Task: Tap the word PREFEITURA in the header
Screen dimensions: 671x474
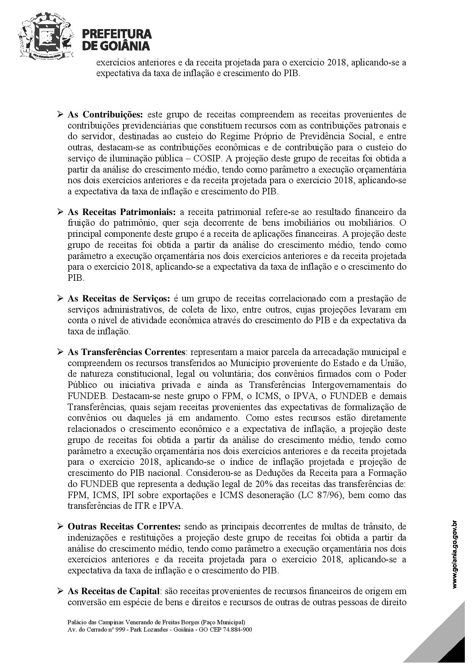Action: pyautogui.click(x=117, y=34)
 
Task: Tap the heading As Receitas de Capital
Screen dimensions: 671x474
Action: pyautogui.click(x=114, y=591)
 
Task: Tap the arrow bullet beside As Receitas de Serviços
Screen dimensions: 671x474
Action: pyautogui.click(x=60, y=298)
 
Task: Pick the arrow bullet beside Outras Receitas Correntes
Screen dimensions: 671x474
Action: pyautogui.click(x=60, y=526)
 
